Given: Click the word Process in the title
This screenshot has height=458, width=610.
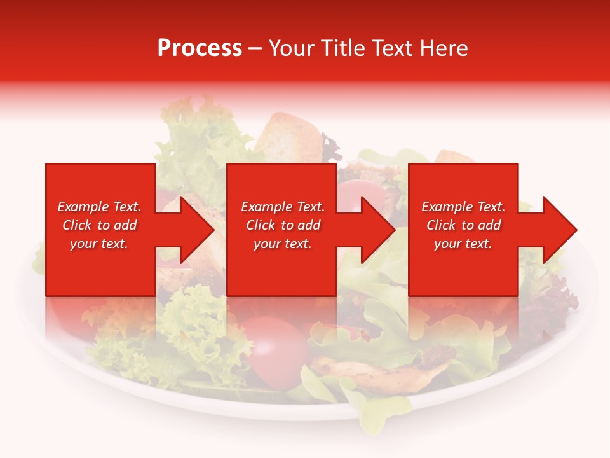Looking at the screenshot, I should tap(200, 48).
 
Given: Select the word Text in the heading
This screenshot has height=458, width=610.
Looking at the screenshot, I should tap(392, 48).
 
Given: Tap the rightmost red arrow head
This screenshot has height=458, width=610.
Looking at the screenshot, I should tap(552, 230).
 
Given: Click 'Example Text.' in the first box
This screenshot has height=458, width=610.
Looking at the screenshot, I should tap(99, 207).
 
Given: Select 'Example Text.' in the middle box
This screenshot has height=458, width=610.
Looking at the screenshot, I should tap(283, 207).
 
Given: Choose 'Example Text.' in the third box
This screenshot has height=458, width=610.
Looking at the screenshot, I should tap(463, 207).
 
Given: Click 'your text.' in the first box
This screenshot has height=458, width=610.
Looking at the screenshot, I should tap(99, 244).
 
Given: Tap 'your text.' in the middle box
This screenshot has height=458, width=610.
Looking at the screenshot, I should tap(283, 244).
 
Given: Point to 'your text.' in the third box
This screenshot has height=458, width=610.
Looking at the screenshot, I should tap(463, 244).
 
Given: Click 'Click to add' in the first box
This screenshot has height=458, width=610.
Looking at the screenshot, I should tap(99, 225).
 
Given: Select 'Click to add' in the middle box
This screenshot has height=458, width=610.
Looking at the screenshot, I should tap(283, 225).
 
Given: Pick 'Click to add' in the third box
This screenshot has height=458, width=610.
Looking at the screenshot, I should tap(463, 225).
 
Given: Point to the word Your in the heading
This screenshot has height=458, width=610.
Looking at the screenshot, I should tap(291, 48).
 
